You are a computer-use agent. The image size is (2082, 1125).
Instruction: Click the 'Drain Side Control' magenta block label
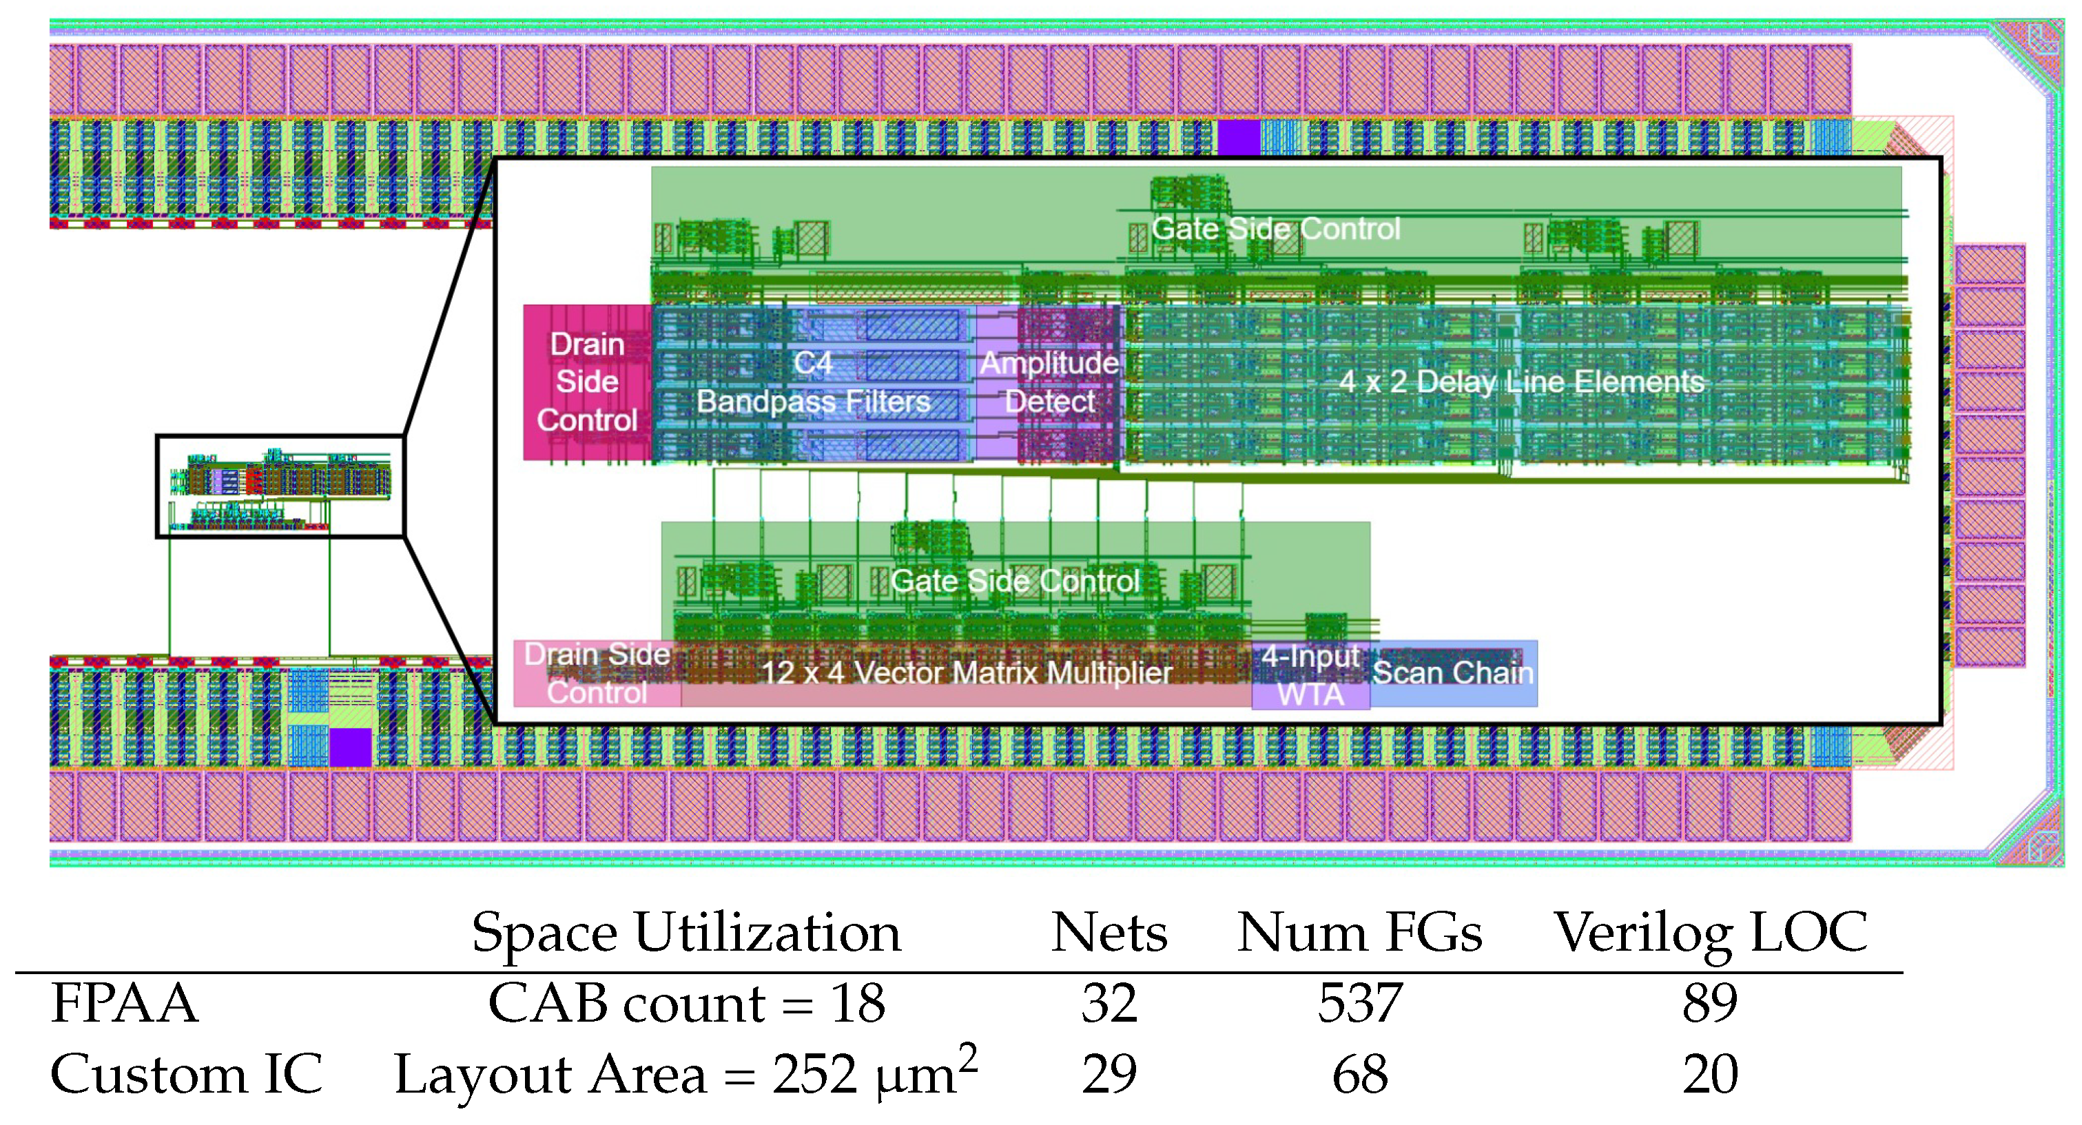(587, 382)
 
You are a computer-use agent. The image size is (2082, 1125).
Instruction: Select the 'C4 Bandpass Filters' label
(813, 383)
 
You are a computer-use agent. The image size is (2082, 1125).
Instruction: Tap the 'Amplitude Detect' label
(1049, 382)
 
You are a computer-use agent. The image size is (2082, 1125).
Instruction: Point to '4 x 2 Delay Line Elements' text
(1521, 382)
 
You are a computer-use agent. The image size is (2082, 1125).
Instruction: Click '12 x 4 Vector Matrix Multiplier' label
(966, 672)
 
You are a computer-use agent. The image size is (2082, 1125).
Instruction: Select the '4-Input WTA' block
(1310, 676)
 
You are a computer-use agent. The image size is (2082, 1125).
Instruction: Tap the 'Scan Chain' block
(1453, 672)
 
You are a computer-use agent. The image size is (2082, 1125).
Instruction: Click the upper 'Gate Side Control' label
(1275, 229)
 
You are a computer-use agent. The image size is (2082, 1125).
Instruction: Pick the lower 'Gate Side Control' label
(1014, 581)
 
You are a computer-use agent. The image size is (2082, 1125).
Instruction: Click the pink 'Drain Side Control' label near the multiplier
(597, 673)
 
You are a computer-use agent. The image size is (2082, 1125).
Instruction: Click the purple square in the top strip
(1238, 136)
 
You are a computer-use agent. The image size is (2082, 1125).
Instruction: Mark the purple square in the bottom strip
(350, 747)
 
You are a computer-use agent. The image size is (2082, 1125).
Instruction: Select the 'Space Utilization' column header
(686, 933)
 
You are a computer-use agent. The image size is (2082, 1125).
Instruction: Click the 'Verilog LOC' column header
(1710, 933)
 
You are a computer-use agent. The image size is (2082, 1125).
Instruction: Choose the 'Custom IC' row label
(186, 1074)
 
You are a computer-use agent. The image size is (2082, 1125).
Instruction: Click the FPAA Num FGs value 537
(1360, 1003)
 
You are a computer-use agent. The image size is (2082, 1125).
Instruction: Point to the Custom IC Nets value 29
(1109, 1074)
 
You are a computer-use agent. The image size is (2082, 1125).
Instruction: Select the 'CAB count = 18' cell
(686, 1003)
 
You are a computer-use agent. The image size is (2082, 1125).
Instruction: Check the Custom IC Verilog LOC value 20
(1710, 1074)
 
